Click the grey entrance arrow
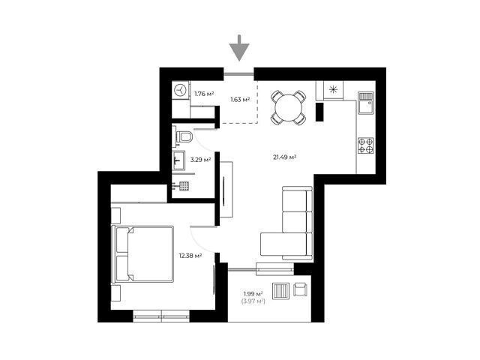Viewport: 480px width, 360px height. [239, 48]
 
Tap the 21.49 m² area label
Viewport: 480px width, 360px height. [284, 157]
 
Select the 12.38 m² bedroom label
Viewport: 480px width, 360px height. [190, 255]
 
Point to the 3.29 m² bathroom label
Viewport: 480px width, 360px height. [200, 160]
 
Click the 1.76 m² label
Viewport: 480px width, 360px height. [204, 94]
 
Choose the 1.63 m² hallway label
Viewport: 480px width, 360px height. [240, 99]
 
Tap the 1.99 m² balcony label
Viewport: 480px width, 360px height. [253, 294]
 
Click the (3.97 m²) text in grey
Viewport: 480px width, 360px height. [253, 301]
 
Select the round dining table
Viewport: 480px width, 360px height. [288, 108]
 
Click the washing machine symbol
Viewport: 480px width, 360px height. [180, 90]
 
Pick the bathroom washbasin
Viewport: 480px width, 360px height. [178, 160]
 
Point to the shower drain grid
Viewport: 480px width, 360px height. [184, 186]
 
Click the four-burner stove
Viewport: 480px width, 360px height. [366, 145]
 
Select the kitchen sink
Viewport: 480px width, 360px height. [366, 103]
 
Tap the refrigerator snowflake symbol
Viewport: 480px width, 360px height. [333, 90]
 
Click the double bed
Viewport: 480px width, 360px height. [143, 253]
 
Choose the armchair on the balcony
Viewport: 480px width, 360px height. [300, 289]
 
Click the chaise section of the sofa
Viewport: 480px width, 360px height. [283, 244]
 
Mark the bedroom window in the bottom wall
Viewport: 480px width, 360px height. [161, 316]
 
